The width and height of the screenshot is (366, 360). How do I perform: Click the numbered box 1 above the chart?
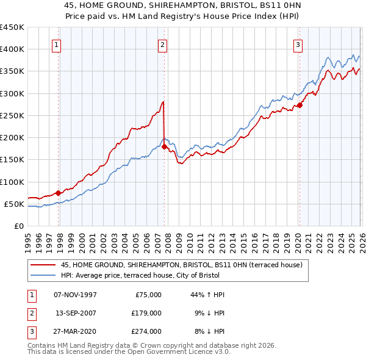[x=56, y=45]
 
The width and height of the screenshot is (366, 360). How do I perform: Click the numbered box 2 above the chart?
[x=163, y=45]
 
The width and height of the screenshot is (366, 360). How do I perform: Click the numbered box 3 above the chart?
[x=298, y=45]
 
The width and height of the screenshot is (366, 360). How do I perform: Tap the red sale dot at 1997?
[x=59, y=193]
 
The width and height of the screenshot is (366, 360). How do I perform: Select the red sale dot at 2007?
[x=165, y=146]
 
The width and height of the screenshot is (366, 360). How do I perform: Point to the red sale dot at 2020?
[x=300, y=105]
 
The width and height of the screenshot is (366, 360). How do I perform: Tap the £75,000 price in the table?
[x=148, y=295]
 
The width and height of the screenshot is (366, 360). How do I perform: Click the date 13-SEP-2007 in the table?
[x=75, y=313]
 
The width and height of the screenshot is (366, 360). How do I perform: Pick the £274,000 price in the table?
[x=146, y=331]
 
